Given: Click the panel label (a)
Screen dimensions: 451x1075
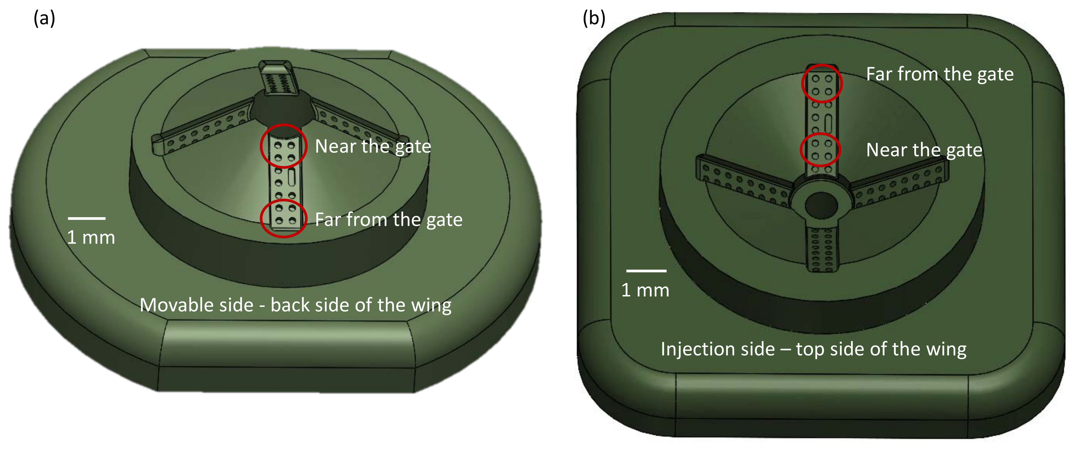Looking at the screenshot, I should pos(44,19).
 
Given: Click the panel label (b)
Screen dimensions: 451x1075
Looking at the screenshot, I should pos(594,19).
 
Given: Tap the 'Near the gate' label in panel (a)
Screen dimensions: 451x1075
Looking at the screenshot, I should pos(373,146).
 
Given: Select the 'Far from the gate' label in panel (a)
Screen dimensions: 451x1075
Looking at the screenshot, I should pos(389,220).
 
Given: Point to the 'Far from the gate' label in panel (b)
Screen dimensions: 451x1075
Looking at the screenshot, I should pos(939,74).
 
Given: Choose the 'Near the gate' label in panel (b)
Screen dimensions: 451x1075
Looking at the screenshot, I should pos(924,150).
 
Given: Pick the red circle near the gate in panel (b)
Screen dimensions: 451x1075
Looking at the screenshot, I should pos(820,150).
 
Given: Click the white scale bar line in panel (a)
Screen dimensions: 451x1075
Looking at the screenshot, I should pos(87,218).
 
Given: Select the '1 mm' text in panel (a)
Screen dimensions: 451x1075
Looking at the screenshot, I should pos(91,237).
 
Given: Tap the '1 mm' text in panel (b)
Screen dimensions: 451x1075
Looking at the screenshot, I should pos(645,291).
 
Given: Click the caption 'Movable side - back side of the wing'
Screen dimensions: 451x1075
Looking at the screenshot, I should pos(295,305).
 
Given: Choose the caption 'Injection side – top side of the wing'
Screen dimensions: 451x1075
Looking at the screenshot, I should pos(813,349).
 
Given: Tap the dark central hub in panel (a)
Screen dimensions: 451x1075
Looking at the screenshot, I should pos(282,109).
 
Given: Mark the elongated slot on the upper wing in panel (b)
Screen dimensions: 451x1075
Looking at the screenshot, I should pos(828,124).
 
